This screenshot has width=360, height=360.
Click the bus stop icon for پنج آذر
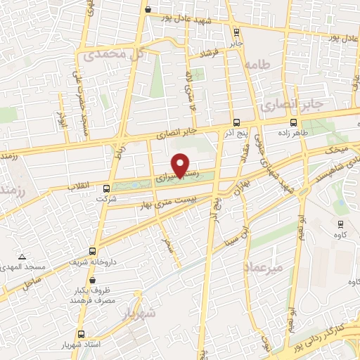[236, 121]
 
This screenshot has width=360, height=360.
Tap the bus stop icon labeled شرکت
[106, 188]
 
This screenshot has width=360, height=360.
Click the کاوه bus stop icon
[340, 225]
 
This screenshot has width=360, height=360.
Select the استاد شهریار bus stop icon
[82, 334]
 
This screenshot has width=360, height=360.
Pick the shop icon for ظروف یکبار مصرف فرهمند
[76, 290]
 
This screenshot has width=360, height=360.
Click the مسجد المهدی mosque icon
[22, 257]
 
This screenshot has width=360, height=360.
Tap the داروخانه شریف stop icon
[92, 251]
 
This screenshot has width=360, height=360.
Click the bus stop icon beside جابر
[236, 32]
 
